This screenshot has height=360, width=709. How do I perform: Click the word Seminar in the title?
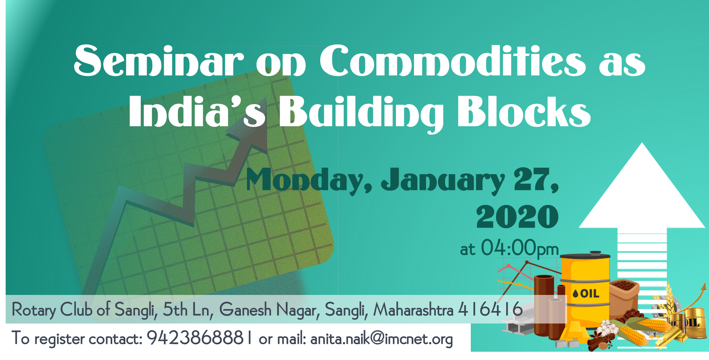(x=158, y=61)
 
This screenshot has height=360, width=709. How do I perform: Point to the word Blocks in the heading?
(x=524, y=111)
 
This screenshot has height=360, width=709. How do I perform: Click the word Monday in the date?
(x=309, y=180)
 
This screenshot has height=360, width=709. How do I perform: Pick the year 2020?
(x=517, y=217)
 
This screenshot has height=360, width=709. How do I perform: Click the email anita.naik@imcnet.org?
(x=382, y=339)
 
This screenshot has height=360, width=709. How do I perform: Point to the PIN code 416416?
(x=490, y=310)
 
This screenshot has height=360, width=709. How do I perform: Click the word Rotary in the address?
(x=34, y=310)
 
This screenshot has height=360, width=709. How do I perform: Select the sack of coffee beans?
(x=624, y=298)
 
